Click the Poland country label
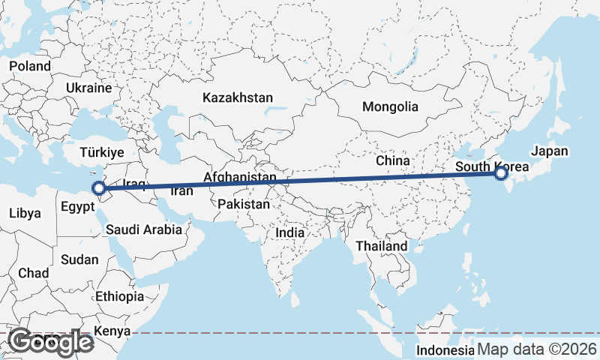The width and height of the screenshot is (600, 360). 30,66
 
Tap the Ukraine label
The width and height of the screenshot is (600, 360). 88,88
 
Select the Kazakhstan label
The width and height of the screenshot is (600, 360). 237,97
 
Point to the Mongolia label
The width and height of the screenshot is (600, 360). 390,106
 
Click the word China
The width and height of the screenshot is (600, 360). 393,160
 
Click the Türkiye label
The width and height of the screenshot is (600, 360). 102,152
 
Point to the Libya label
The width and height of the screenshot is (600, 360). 25,213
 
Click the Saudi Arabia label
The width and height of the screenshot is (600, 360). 143,229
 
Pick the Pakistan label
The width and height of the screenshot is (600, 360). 244,204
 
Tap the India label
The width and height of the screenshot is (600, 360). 290,232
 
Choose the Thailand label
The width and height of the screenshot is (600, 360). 382,246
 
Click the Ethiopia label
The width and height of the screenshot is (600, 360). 119,296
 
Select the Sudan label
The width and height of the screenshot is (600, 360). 79,259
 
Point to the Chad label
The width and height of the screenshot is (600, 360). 34,274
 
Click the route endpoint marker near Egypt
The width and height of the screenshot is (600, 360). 98,187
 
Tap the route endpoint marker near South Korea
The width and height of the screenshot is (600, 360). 501,174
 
